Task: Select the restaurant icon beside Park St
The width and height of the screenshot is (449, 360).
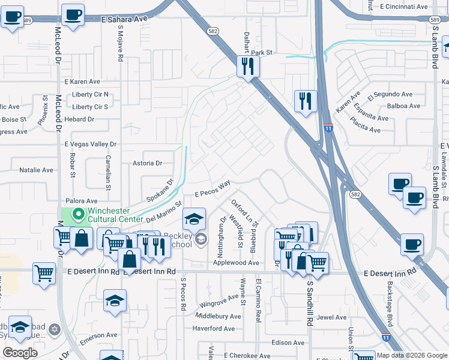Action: point(247,67)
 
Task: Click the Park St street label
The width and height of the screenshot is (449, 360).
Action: point(262,53)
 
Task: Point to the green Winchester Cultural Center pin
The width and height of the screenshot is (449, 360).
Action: point(77,214)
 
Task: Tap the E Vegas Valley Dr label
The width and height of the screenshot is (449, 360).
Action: point(90,145)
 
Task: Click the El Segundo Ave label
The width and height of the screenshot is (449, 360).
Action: point(390,95)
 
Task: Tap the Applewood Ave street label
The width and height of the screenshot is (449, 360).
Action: point(236,263)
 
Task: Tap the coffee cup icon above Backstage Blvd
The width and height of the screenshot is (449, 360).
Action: point(412,245)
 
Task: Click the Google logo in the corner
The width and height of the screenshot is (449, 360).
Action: point(20,353)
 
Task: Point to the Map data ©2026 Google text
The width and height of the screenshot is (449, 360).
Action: point(411,355)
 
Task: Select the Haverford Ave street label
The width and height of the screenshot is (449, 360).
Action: point(213,328)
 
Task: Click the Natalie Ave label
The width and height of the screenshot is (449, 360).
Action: point(37,170)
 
